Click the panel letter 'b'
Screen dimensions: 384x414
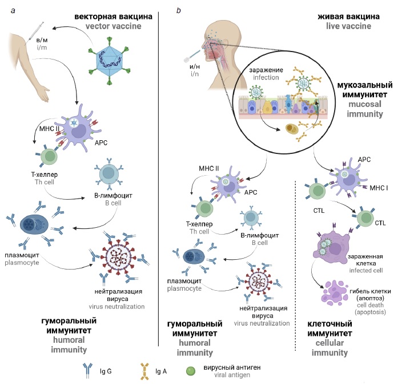(x=179, y=10)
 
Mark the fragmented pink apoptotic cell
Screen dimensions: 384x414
(x=331, y=290)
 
